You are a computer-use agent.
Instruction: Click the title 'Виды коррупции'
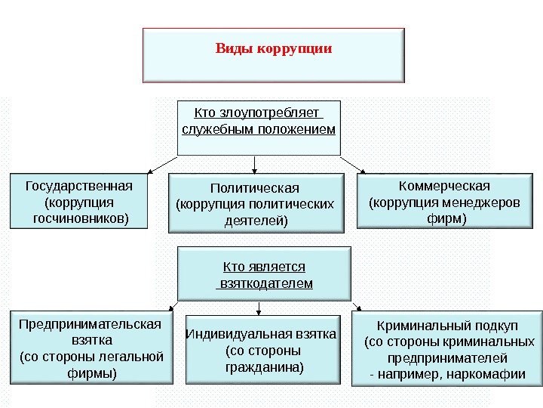(x=274, y=48)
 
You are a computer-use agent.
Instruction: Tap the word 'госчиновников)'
(x=81, y=218)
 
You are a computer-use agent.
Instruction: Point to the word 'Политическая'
(x=254, y=187)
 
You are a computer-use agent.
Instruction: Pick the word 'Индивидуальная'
(x=234, y=334)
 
